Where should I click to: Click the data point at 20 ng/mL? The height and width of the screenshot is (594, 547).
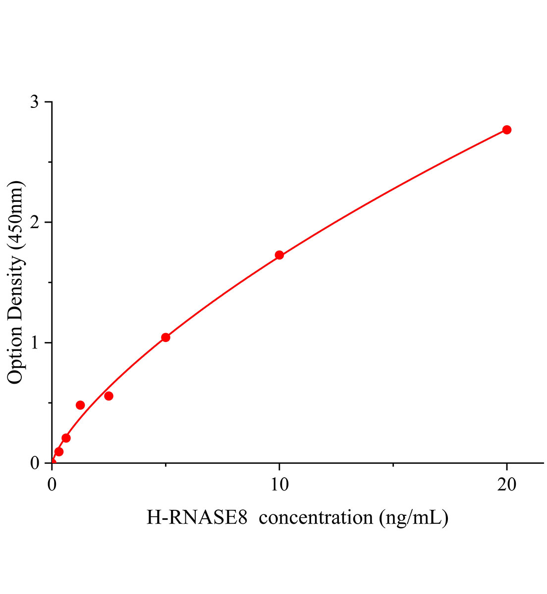click(506, 130)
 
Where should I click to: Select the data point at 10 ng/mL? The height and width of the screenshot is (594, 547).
click(279, 255)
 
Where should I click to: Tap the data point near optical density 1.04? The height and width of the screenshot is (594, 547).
click(165, 338)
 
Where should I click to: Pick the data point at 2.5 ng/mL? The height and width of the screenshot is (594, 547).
click(109, 396)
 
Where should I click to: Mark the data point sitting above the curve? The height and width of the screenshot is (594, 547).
click(80, 405)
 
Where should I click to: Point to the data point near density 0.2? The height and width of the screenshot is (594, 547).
click(66, 438)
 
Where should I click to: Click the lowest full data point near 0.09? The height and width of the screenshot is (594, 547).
click(59, 451)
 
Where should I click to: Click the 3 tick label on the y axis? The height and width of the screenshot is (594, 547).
click(34, 102)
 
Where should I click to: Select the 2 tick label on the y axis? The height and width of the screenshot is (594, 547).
click(34, 222)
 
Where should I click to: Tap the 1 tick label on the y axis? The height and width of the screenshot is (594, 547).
click(34, 343)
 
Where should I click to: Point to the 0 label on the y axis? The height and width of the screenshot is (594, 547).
click(34, 463)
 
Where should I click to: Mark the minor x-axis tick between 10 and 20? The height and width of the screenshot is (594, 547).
click(393, 465)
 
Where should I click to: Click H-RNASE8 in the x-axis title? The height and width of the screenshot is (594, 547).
click(197, 518)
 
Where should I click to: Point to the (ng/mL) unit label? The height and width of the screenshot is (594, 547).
click(414, 518)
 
